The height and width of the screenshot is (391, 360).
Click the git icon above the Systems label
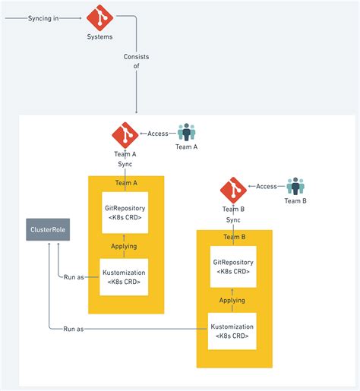click(x=100, y=17)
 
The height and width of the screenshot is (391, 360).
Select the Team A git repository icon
click(x=125, y=134)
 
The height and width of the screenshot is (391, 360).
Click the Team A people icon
click(x=186, y=132)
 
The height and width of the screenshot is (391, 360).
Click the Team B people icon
click(x=295, y=186)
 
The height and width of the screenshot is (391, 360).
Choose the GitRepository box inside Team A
click(x=125, y=212)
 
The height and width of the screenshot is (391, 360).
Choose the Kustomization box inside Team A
click(x=125, y=276)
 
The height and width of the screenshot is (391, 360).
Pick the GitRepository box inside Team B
click(x=233, y=266)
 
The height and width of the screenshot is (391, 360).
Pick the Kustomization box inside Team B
click(x=233, y=330)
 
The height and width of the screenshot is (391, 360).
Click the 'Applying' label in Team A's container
click(x=125, y=246)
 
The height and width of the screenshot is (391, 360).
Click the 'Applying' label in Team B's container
click(x=233, y=300)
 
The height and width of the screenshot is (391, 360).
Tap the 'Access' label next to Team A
click(x=158, y=134)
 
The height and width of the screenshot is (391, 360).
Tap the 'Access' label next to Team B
click(x=267, y=186)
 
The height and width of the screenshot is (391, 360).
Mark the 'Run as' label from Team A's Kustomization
click(x=74, y=276)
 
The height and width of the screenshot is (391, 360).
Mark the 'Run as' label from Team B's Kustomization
click(x=74, y=329)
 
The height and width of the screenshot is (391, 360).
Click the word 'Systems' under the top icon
click(x=100, y=36)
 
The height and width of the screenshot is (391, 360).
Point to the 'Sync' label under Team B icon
click(x=233, y=219)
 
